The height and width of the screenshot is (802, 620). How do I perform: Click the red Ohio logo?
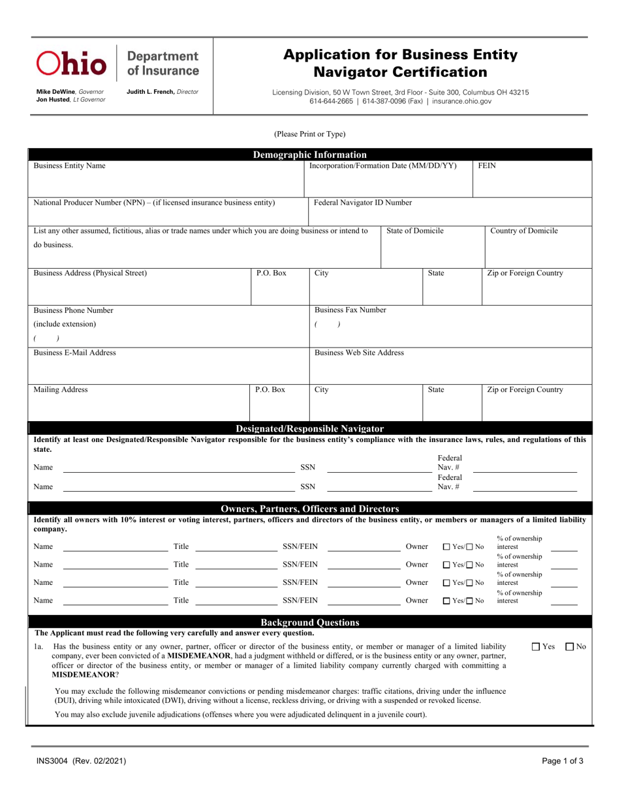coord(71,63)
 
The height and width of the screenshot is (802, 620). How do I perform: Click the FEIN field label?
coord(487,166)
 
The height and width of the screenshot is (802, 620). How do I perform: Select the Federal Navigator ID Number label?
coord(363,203)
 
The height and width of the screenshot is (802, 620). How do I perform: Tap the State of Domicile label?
coord(415,231)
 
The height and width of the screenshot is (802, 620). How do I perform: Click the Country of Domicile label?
coord(523,231)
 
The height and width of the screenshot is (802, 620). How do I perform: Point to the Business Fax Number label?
coord(350,310)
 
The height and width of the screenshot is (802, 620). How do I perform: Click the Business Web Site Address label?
coord(359,353)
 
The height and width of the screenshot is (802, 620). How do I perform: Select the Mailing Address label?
coord(60,390)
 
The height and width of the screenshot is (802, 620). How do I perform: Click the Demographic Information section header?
coord(309,155)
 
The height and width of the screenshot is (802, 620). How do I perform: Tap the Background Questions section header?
coord(309,623)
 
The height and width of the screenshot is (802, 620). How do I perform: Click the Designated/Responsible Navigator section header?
coord(309,428)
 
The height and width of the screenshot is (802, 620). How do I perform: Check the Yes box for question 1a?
coord(536,647)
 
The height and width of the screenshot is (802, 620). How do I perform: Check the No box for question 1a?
coord(569,647)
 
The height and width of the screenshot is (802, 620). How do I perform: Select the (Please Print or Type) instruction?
coord(309,134)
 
